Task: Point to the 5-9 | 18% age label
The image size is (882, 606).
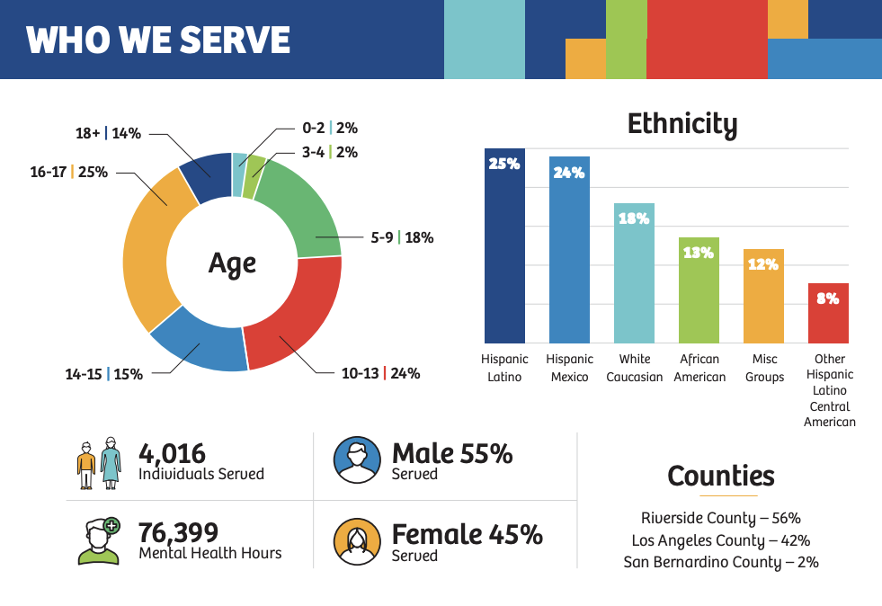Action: (402, 238)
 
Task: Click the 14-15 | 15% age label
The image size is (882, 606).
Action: (103, 374)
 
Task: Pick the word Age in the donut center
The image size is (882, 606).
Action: (232, 263)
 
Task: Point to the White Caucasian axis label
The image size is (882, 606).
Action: (634, 368)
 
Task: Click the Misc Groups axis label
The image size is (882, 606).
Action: (764, 368)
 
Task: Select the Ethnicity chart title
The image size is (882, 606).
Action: (682, 124)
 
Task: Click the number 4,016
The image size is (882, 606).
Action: (173, 453)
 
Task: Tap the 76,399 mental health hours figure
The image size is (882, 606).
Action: (179, 532)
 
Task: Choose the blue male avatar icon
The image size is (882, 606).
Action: (357, 460)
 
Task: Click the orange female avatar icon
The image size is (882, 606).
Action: (357, 541)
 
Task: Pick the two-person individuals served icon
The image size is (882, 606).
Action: (98, 462)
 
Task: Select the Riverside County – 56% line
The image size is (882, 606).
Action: (720, 518)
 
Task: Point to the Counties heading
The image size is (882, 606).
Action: (720, 476)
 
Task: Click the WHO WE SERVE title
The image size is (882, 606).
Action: (158, 40)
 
